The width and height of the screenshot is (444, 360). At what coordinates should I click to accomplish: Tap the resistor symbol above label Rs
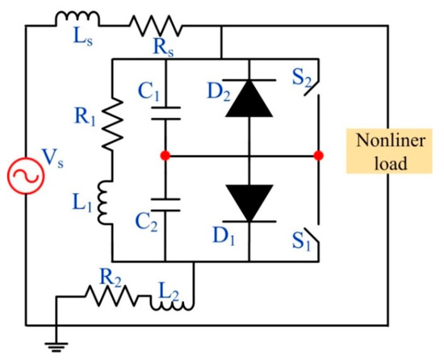pos(157,26)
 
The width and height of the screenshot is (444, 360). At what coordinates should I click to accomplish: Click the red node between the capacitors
pos(164,155)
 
